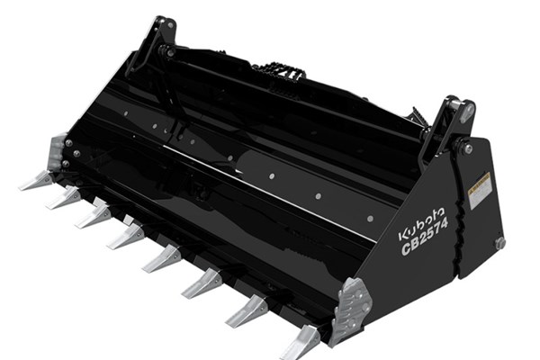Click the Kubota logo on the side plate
[x=420, y=229]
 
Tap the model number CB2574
[x=425, y=246]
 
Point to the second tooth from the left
[x=64, y=197]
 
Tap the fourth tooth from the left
[x=126, y=236]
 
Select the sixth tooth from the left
[x=202, y=282]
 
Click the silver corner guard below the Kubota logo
[x=351, y=306]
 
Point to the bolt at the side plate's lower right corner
[x=499, y=243]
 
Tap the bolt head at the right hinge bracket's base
[x=467, y=148]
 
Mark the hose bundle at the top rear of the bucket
[x=279, y=70]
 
